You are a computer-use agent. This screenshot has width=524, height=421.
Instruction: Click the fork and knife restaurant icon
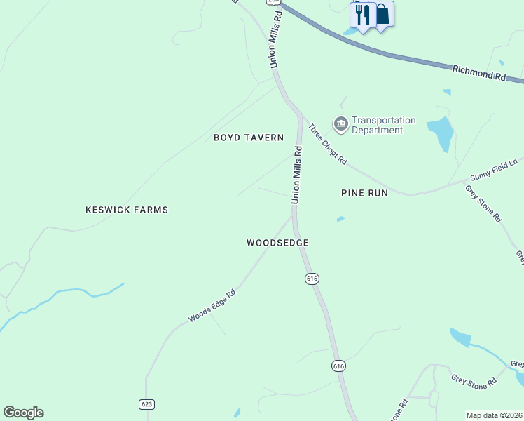(362, 15)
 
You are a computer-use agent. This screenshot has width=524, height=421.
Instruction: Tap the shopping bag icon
(382, 15)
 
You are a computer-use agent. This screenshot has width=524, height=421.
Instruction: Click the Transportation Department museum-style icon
(341, 125)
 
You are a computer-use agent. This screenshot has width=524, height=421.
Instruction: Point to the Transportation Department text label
(383, 125)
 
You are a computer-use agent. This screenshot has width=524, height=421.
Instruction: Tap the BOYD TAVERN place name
(249, 138)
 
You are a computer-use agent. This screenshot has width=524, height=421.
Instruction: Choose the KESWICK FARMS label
(127, 210)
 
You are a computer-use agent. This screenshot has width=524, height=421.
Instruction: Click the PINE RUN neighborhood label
(364, 192)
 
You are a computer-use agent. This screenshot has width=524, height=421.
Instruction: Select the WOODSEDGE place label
(277, 243)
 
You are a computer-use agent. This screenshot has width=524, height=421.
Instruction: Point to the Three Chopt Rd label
(328, 144)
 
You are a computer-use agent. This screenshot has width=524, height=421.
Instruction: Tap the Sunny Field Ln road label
(493, 172)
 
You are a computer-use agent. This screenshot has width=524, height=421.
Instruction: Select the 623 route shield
(146, 404)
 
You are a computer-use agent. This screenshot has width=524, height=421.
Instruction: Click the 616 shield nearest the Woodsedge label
(312, 279)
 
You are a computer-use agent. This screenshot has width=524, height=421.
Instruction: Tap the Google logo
(23, 413)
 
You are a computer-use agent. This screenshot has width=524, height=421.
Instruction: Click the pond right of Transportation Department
(441, 133)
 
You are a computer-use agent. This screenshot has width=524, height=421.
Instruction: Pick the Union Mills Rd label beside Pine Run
(296, 175)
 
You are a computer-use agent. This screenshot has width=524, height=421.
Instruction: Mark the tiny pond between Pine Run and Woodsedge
(340, 219)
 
